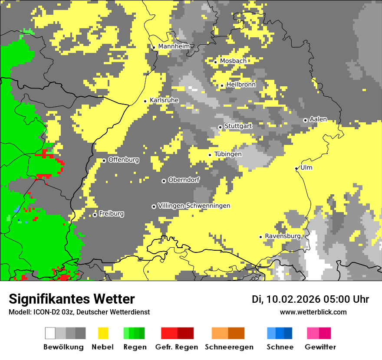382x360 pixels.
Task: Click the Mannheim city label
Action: click(x=174, y=46)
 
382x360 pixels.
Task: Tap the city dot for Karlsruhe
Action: click(x=145, y=101)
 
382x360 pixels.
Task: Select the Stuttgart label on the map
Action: click(x=238, y=126)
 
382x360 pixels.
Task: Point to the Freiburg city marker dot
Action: click(x=95, y=215)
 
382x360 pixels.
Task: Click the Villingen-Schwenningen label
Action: click(x=194, y=206)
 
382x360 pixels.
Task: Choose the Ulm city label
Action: click(x=306, y=167)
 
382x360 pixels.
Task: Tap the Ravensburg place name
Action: click(x=283, y=236)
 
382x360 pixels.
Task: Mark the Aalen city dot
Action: click(x=305, y=120)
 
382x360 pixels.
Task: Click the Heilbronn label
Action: click(x=241, y=85)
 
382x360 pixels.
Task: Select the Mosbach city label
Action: click(x=233, y=61)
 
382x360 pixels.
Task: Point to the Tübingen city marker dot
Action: click(x=210, y=155)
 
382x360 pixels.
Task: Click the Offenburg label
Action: click(x=124, y=160)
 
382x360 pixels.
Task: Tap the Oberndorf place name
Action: click(x=184, y=180)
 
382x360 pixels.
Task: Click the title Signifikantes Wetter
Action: click(x=72, y=299)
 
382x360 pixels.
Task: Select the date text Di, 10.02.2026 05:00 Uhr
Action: click(x=310, y=299)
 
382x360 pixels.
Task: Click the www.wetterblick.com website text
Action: click(x=313, y=312)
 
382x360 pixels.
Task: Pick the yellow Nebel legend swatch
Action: click(x=103, y=333)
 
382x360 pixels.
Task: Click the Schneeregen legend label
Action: click(x=229, y=347)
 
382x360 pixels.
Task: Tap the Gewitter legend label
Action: click(x=320, y=347)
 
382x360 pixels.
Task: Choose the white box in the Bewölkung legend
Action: click(x=50, y=333)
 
